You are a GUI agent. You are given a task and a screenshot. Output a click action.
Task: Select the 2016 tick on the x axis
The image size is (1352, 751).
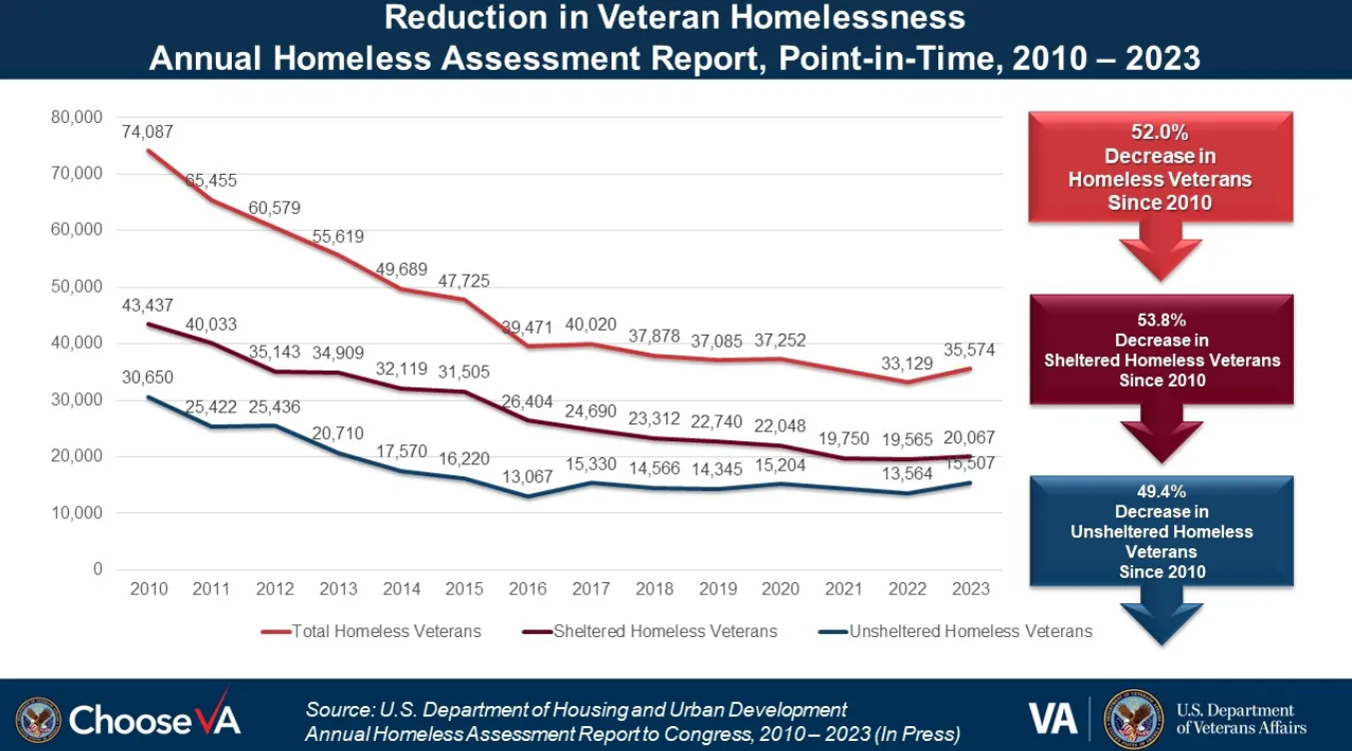[x=528, y=588]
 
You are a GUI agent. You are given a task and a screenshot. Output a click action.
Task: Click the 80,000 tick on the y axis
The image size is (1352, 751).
[x=76, y=117]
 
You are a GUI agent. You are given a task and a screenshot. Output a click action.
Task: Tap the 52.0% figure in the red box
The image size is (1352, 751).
[x=1160, y=133]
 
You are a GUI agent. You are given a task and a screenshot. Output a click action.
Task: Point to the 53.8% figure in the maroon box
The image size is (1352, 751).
[x=1162, y=320]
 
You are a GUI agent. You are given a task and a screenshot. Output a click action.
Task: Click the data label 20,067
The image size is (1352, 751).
[x=969, y=437]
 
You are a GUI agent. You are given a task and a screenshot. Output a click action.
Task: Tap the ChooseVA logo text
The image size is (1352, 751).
[x=155, y=718]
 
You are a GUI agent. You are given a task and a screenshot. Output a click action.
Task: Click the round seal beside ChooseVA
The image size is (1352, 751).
[x=39, y=719]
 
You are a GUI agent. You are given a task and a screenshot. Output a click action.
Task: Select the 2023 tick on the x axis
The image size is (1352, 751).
[x=969, y=588]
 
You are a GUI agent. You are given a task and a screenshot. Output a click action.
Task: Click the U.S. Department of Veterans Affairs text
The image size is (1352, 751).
[x=1240, y=719]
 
